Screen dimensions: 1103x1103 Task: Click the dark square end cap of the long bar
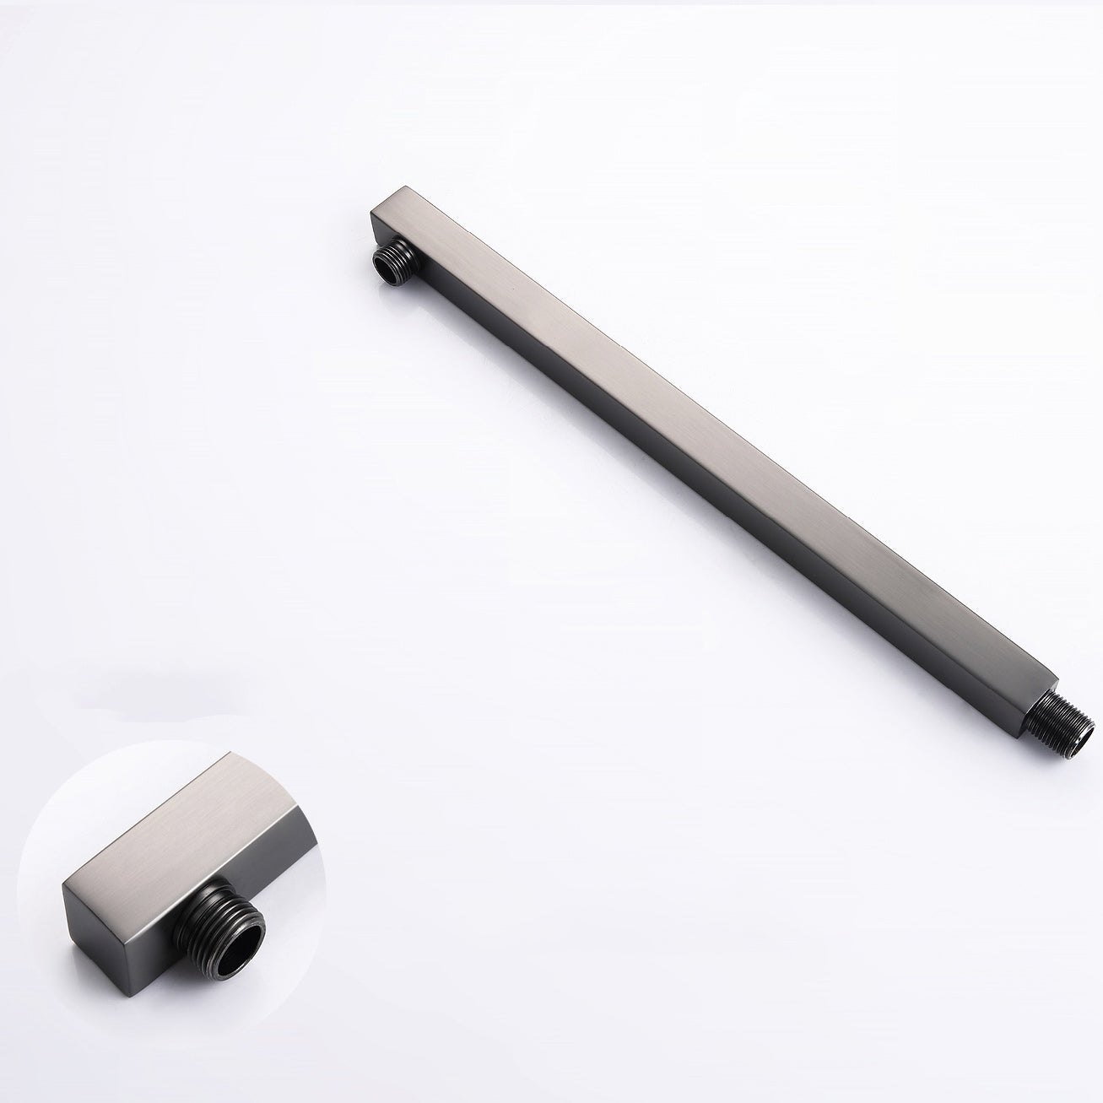tap(377, 230)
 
